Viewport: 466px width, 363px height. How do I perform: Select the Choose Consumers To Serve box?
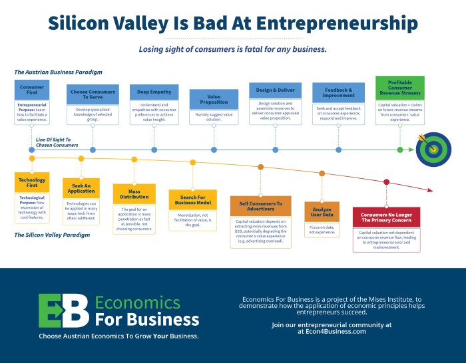pos(92,94)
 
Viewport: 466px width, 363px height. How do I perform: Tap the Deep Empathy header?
pos(154,92)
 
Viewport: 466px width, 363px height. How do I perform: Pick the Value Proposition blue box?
pos(214,98)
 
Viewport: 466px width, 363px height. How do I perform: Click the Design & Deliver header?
pos(275,90)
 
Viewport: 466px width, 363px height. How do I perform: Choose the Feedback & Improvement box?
pos(338,92)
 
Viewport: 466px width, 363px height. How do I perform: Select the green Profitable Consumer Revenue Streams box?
pos(399,88)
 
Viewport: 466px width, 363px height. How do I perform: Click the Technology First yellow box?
pos(31,182)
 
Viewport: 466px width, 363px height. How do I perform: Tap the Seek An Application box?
pos(81,187)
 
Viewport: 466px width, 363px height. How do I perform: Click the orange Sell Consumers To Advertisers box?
pos(260,205)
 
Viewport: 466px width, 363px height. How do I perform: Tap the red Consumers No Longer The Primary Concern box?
pos(386,217)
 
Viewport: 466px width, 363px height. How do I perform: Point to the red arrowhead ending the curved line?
pos(429,191)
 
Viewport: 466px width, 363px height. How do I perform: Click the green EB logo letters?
pos(63,310)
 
